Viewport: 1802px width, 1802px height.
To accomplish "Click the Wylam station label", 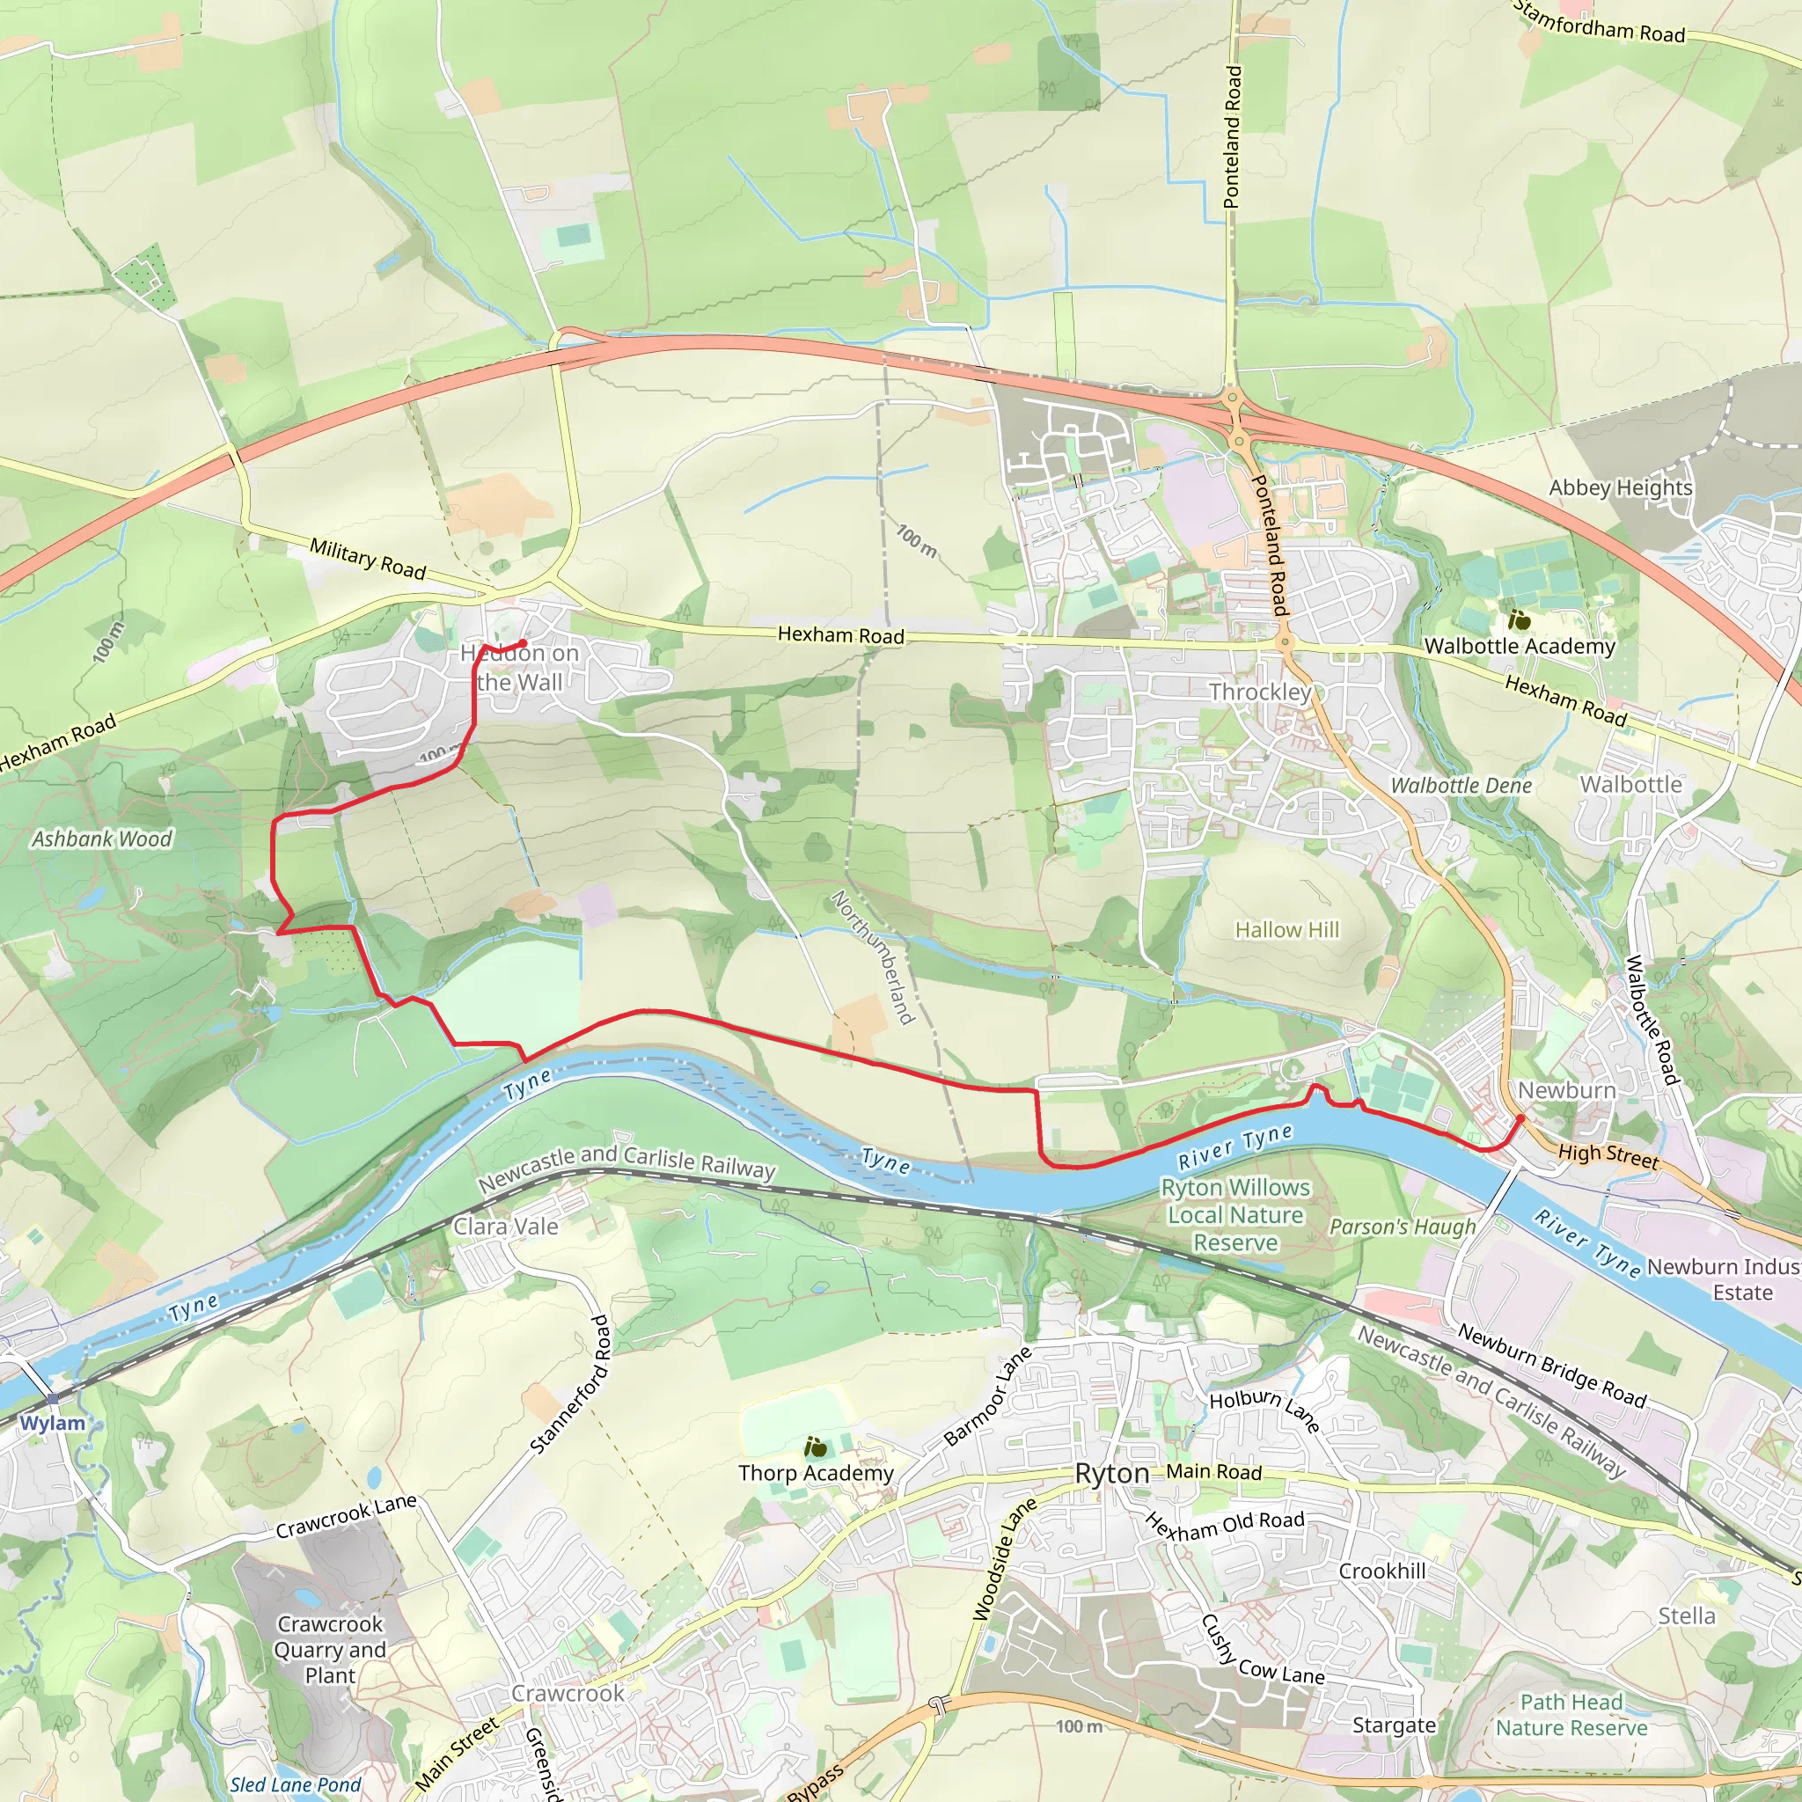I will coord(52,1424).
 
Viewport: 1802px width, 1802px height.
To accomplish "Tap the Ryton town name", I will coord(1112,1474).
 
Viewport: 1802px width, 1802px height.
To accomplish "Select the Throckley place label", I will coord(1260,692).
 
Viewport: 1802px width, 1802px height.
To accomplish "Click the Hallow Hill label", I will coord(1287,930).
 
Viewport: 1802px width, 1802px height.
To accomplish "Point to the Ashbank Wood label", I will coord(102,839).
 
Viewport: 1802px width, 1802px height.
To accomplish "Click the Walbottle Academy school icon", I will coord(1520,620).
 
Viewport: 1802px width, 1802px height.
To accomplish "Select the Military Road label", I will coord(368,558).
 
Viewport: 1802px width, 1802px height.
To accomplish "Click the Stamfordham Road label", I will coord(1599,24).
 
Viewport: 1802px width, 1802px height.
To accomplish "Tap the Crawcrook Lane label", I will coord(346,1517).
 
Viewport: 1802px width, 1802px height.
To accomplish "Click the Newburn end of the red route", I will coord(1520,1117).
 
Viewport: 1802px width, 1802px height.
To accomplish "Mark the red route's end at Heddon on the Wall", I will coord(524,643).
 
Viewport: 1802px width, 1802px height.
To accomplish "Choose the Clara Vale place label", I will coord(506,1227).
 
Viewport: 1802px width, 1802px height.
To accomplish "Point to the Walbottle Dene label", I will coord(1461,786).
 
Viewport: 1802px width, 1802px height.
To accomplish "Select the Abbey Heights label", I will coord(1620,487).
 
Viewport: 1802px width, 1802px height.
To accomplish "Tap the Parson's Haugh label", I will coord(1403,1227).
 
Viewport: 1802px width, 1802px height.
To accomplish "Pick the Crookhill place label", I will coord(1382,1571).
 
